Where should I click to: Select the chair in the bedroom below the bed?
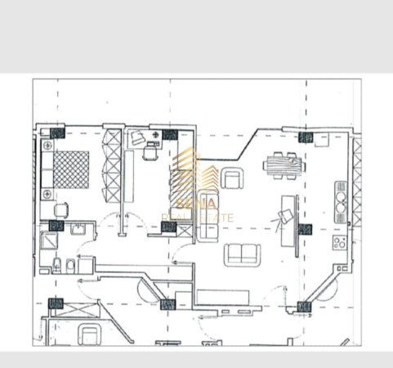[x=59, y=210]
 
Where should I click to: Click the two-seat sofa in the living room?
[x=241, y=254]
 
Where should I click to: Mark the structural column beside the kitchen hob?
[x=306, y=230]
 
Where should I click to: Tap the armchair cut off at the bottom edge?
[x=87, y=335]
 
